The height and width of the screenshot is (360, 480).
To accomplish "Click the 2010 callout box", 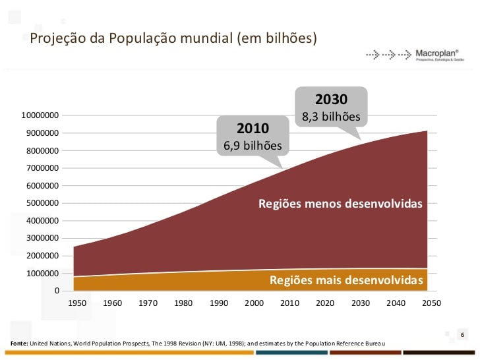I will click(253, 136).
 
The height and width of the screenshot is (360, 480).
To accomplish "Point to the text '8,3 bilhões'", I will click(331, 117).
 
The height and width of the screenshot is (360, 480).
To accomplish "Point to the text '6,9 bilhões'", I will click(253, 146).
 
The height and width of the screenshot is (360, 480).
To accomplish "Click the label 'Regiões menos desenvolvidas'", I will click(340, 204).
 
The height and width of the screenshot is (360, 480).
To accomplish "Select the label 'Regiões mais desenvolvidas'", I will click(346, 281).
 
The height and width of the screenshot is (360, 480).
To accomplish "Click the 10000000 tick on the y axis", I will click(40, 115).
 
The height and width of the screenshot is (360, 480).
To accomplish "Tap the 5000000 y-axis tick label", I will click(42, 203).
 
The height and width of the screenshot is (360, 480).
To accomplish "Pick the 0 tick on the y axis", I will click(57, 291).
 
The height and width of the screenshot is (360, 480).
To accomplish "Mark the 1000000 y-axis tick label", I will click(42, 273).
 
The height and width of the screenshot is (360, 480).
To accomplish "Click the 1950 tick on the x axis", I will click(77, 303).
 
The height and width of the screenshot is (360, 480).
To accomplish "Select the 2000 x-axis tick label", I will click(255, 303).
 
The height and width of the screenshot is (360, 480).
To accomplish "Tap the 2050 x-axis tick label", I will click(431, 303).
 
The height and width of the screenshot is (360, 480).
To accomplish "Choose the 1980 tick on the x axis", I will click(183, 303).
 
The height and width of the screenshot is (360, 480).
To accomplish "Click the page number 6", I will click(463, 335).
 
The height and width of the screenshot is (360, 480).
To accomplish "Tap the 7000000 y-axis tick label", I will click(42, 168).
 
